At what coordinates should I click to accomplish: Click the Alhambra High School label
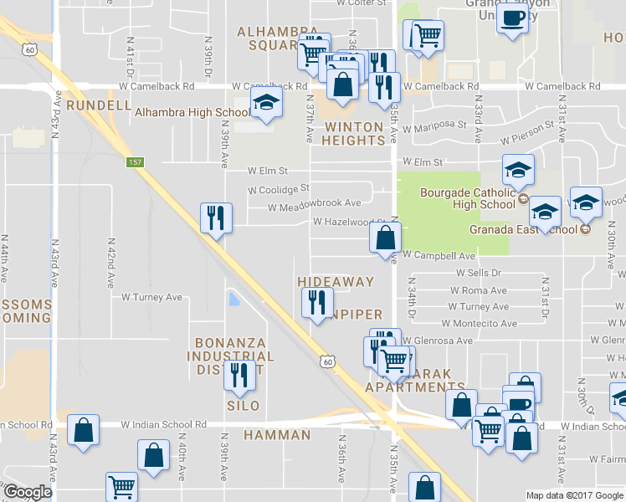[x=191, y=112]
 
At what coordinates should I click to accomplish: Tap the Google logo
[x=27, y=492]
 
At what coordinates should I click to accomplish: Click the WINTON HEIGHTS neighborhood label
[x=354, y=134]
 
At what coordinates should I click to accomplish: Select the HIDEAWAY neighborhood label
[x=336, y=282]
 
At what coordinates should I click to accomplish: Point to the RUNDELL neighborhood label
[x=99, y=105]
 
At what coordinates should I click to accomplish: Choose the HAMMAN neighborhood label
[x=277, y=435]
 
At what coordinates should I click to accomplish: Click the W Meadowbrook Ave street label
[x=314, y=203]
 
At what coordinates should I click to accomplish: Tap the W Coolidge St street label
[x=279, y=189]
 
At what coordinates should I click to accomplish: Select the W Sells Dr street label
[x=478, y=273]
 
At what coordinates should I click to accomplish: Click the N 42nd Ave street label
[x=111, y=263]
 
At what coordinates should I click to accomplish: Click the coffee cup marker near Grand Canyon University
[x=512, y=17]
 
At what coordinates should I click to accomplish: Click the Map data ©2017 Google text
[x=573, y=495]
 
